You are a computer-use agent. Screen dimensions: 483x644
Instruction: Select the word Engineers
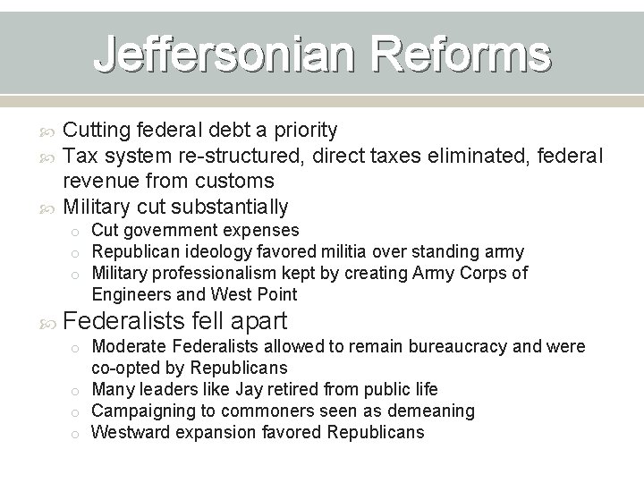(x=131, y=294)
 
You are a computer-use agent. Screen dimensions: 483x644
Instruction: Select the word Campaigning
(x=142, y=411)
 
